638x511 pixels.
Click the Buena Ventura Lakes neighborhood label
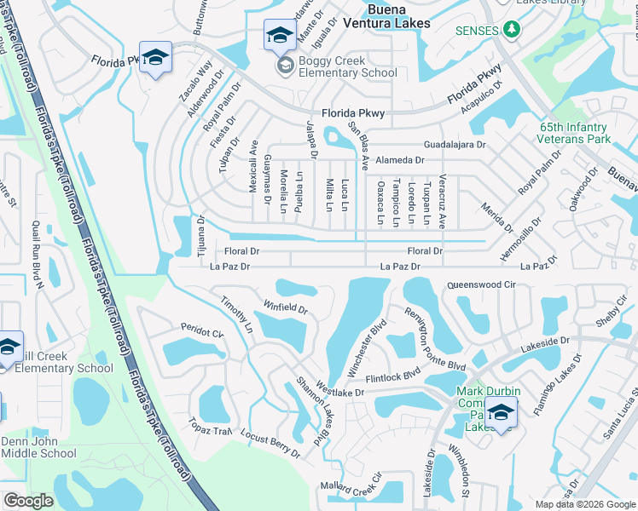tap(398, 16)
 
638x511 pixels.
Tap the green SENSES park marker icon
tap(511, 30)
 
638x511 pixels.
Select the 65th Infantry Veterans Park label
tap(575, 132)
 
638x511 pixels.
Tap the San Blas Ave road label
tap(358, 145)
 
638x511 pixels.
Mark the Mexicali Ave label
tap(253, 166)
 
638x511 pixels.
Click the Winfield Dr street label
tap(285, 304)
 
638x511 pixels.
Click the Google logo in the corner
tap(28, 501)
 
